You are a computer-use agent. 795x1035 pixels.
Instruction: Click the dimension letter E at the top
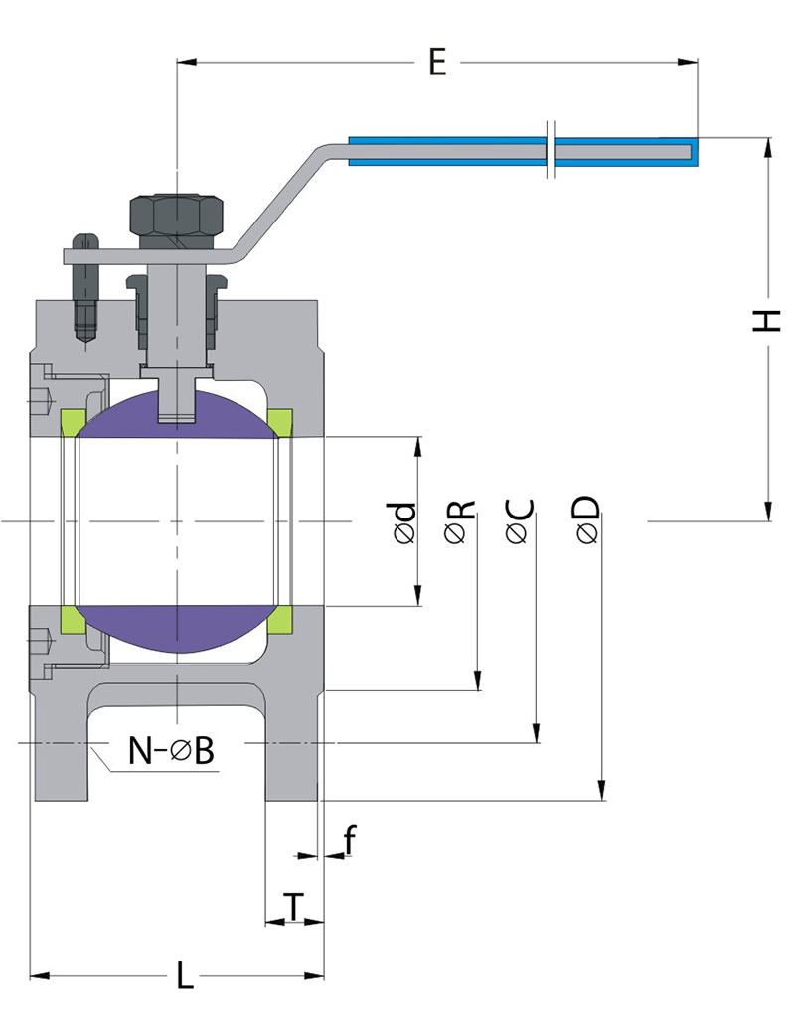coord(436,62)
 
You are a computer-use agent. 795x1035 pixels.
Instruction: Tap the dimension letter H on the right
coord(766,321)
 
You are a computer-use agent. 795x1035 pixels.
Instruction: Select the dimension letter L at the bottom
coord(185,975)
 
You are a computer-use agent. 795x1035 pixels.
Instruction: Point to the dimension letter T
coord(294,906)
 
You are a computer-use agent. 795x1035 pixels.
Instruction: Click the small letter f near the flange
coord(349,841)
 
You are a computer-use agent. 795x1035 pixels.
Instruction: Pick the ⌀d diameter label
coord(403,521)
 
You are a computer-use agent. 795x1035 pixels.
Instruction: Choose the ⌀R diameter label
coord(460,521)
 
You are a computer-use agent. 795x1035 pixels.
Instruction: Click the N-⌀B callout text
coord(171,751)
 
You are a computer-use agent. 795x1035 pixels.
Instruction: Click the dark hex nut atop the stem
coord(177,216)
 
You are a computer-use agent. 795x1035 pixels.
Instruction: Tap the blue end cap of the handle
coord(696,150)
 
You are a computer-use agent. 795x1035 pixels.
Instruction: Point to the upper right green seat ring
coord(281,422)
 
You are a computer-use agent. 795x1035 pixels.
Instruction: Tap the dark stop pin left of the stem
coord(85,288)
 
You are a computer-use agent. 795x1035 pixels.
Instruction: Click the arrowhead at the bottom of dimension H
coord(767,511)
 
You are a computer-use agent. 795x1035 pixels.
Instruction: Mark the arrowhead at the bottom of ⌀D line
coord(601,791)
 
